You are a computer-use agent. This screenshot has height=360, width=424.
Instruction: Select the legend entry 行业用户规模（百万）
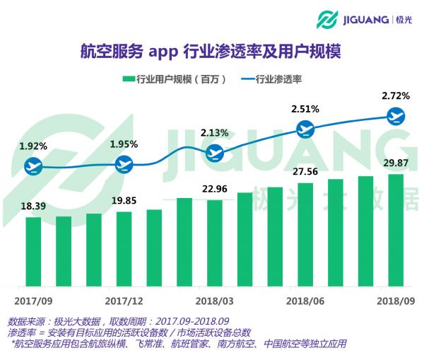pos(174,79)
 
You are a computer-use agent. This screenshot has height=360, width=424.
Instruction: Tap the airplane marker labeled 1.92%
pos(33,167)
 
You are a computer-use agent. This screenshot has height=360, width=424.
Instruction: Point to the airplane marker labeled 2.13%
pos(214,152)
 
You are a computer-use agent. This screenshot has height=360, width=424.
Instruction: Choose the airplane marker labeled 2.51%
pos(305,129)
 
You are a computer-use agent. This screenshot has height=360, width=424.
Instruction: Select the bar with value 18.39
pos(33,251)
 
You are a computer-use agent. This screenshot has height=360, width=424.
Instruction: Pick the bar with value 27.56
pos(305,235)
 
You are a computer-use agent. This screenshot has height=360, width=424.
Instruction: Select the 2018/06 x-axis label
pos(305,299)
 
